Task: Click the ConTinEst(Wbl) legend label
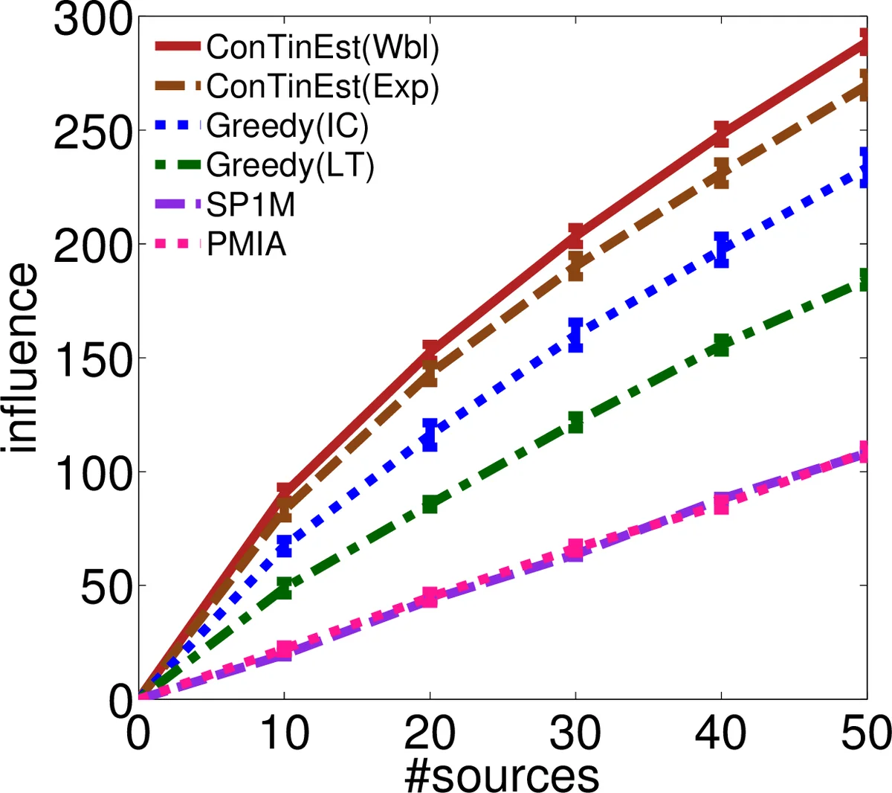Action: [323, 48]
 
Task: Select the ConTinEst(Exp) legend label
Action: [323, 87]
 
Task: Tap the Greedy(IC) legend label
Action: [288, 126]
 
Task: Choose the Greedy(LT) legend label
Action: [290, 165]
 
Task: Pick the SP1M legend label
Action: [251, 205]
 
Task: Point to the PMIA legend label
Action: [246, 243]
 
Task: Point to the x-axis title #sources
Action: [502, 775]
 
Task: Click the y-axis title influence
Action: [20, 357]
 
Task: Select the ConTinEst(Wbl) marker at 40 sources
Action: [721, 133]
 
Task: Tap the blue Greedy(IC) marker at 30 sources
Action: [575, 335]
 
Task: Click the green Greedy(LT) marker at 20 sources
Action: [430, 504]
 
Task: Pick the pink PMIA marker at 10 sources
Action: [284, 649]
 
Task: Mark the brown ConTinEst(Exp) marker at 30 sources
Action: [575, 266]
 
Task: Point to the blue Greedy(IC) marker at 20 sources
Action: [430, 434]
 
